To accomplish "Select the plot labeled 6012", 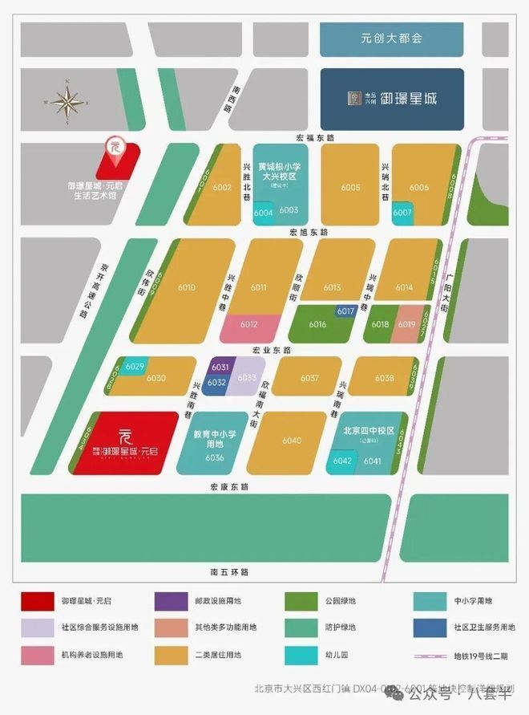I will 248,325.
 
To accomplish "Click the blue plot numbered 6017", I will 345,311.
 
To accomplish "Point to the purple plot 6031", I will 220,368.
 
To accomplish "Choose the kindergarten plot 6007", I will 402,213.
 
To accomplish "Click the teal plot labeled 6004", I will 263,213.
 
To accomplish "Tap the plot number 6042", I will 343,461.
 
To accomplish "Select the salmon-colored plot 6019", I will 406,323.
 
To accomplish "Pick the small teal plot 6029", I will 135,367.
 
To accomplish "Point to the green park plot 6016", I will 317,324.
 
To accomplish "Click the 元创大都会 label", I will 391,38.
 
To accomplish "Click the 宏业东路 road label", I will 271,350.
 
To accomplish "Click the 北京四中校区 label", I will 369,431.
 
